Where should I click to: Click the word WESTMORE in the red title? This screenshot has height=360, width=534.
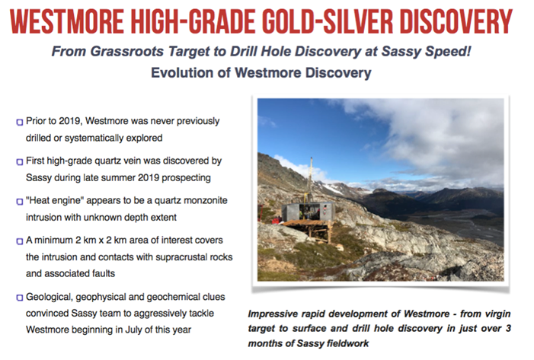67,22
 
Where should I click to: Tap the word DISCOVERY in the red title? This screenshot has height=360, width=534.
456,22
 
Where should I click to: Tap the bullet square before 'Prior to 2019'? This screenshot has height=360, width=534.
19,122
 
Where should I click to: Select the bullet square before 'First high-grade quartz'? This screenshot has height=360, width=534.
19,161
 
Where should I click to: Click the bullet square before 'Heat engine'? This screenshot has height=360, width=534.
19,202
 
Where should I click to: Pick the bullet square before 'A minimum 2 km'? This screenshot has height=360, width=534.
19,241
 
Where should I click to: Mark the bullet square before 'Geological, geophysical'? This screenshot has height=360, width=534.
19,298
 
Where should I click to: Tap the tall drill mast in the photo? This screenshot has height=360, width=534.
311,179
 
